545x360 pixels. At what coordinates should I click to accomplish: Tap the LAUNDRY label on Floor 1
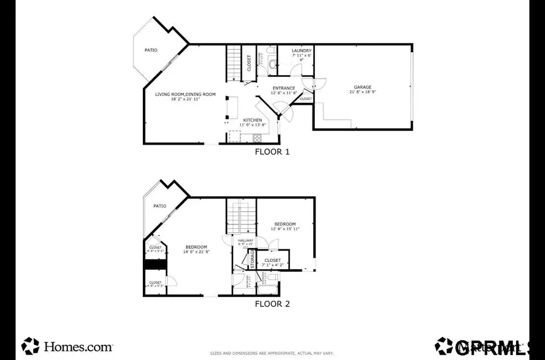[301, 51]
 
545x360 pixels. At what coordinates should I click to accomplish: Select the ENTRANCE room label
[283, 88]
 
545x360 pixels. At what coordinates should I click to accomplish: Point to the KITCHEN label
[253, 120]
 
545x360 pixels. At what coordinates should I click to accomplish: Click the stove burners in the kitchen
[257, 137]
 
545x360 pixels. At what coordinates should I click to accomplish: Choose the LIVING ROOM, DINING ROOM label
[185, 94]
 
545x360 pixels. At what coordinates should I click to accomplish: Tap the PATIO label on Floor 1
[151, 50]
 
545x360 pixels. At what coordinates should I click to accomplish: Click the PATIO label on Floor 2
[159, 206]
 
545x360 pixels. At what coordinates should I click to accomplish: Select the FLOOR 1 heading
[272, 152]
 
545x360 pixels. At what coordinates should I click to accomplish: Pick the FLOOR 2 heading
[272, 304]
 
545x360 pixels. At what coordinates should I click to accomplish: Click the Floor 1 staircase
[234, 64]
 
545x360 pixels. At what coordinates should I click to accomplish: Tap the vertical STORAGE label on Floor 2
[253, 258]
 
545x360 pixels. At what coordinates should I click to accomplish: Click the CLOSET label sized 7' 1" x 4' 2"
[272, 260]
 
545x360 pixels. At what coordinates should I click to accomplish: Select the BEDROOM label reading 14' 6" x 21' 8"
[196, 247]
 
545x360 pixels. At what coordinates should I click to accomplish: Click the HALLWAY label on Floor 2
[245, 241]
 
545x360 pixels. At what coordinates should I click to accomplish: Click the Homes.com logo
[67, 347]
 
